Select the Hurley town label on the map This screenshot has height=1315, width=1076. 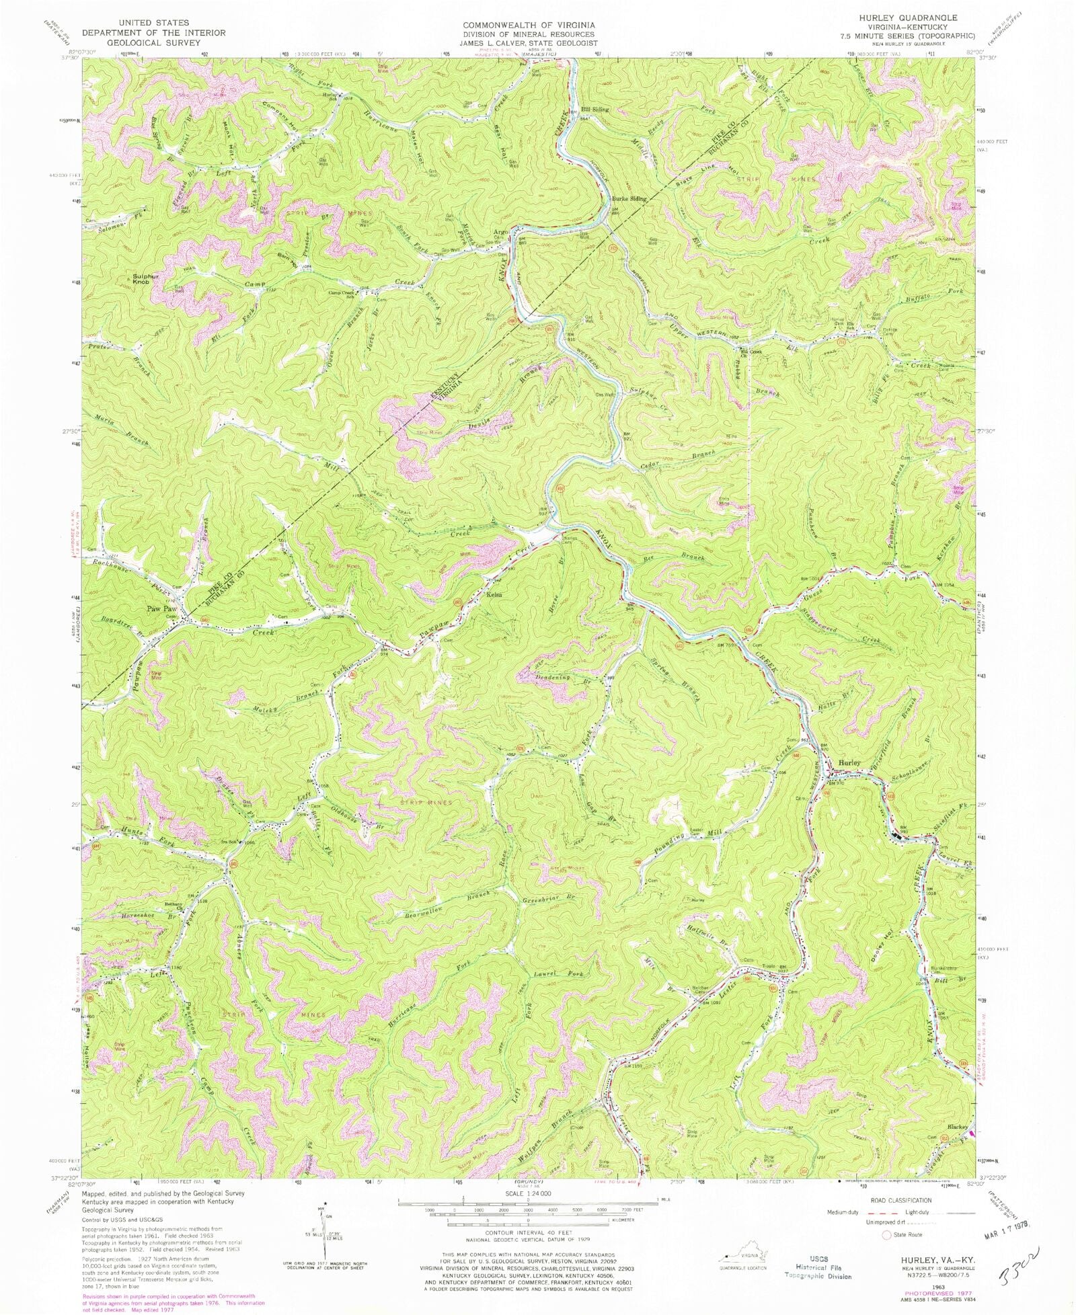coord(849,763)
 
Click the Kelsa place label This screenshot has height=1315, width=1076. coord(496,594)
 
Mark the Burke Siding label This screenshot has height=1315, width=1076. coord(629,199)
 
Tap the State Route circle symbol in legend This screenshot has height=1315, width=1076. coord(888,1234)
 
